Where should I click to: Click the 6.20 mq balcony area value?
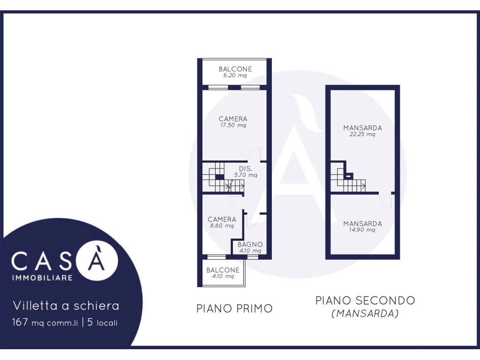[235, 75]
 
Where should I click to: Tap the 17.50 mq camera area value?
[233, 125]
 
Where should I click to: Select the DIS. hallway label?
[246, 169]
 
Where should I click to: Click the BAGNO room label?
[250, 244]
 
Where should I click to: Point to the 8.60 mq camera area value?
[222, 226]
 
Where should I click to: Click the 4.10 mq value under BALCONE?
[223, 276]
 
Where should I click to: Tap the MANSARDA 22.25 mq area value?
[362, 134]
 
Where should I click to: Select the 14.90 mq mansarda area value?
[362, 230]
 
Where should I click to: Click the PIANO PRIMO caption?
[234, 308]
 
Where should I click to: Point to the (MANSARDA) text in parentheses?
[365, 314]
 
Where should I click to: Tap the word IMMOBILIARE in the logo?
[42, 277]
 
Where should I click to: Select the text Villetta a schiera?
[66, 306]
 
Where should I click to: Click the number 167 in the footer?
[20, 322]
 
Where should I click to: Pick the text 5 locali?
[102, 322]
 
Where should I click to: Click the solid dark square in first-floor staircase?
[219, 177]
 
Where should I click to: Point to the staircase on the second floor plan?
[348, 178]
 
